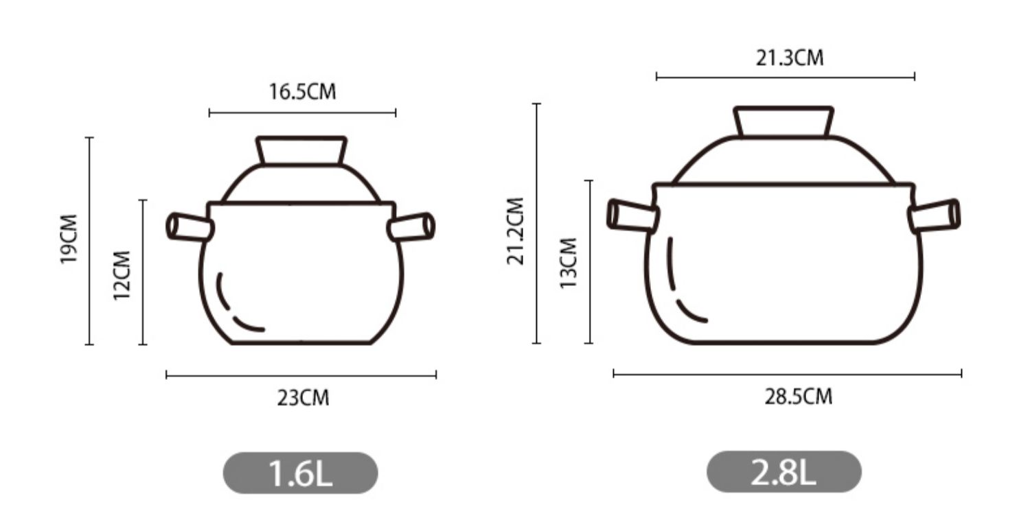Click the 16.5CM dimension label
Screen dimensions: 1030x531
[x=303, y=92]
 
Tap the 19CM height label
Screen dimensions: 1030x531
[x=69, y=239]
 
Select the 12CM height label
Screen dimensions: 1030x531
[x=122, y=276]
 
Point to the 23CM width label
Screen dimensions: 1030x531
[x=303, y=398]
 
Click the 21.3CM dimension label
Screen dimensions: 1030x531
[x=790, y=58]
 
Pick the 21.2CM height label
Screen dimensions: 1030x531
[x=516, y=231]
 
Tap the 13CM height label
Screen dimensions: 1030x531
[x=569, y=263]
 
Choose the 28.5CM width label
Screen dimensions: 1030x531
[x=798, y=397]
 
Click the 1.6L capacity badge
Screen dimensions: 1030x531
[x=300, y=473]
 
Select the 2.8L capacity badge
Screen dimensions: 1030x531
[x=784, y=472]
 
